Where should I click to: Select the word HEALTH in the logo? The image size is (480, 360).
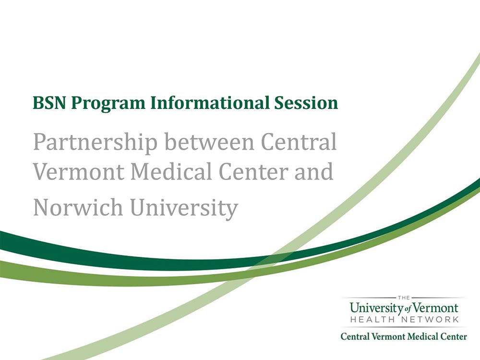(373, 319)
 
